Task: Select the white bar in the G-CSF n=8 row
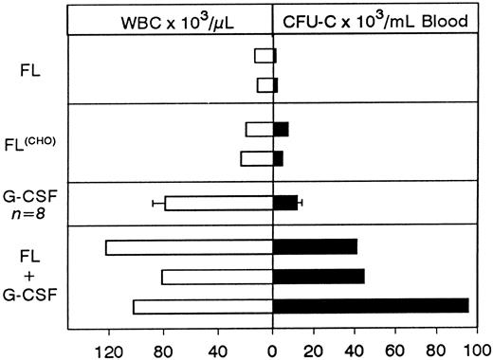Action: coord(219,203)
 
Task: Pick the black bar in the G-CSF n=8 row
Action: coord(285,203)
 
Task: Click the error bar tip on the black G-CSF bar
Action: coord(301,203)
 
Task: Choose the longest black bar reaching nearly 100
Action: coord(371,306)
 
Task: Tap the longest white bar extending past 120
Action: coord(190,247)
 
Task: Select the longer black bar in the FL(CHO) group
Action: coord(281,130)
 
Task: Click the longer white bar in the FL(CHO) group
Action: coord(257,158)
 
